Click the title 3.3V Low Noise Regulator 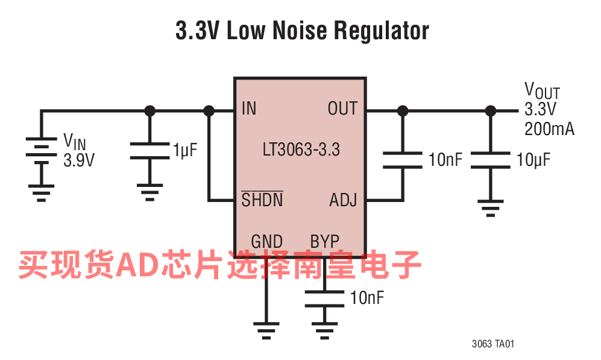coord(301,31)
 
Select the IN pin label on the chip coord(248,109)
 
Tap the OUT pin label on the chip coord(342,109)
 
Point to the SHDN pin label coord(262,200)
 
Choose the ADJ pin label coord(343,200)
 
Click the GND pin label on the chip coord(266,242)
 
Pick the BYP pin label coord(324,242)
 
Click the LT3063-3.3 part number coord(301,150)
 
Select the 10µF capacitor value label coord(533,160)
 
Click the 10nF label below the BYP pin coord(367,297)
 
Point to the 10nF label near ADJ coord(445,160)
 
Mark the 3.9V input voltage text coord(79,160)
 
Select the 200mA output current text coord(549,129)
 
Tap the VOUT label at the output coord(541,91)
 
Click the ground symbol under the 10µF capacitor coord(491,209)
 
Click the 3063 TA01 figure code coord(492,344)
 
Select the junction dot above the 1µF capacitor coord(150,111)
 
